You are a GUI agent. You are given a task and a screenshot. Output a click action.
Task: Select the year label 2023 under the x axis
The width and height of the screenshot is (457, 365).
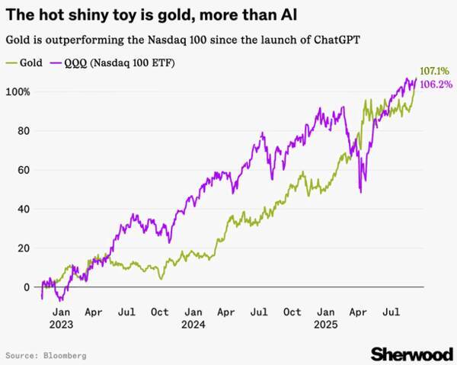click(62, 323)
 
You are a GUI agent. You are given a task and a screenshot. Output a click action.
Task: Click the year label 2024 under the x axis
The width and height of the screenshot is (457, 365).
click(193, 323)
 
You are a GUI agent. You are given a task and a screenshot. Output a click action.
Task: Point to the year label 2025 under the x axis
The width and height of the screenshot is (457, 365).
click(325, 323)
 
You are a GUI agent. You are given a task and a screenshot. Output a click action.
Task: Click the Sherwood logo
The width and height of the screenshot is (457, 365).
click(410, 353)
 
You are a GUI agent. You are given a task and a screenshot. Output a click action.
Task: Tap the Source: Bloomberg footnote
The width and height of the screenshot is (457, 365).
click(46, 355)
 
